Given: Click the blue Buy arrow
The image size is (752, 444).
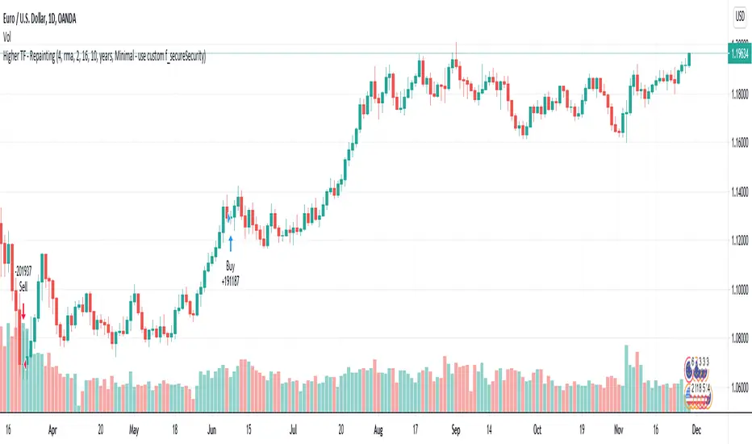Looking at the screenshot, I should (x=231, y=241).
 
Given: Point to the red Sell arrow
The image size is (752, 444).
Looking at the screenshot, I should (x=23, y=309).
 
